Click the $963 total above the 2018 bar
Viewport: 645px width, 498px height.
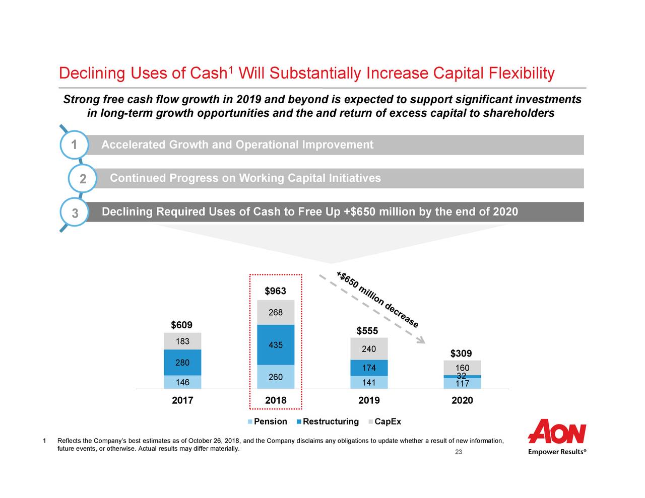click(275, 291)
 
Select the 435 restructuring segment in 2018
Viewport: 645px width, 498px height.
click(275, 345)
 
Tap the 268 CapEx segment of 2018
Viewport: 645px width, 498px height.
click(275, 313)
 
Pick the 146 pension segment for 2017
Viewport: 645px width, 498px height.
click(182, 382)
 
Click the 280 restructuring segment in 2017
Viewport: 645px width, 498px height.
click(182, 363)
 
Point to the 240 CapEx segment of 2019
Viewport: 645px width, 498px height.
click(369, 349)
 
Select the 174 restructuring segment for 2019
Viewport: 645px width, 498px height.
click(369, 368)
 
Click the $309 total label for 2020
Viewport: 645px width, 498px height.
click(461, 353)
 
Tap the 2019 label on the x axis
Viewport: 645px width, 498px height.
click(369, 401)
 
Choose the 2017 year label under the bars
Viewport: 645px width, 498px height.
click(182, 401)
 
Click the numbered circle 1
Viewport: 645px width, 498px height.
click(74, 145)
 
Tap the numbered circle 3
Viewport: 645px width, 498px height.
click(75, 212)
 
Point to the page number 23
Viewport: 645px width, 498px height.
click(459, 452)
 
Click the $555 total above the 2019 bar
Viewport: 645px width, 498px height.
click(367, 331)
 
